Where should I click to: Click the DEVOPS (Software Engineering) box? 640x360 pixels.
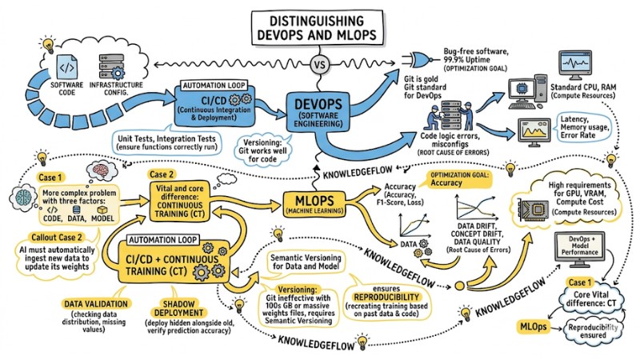pyautogui.click(x=321, y=110)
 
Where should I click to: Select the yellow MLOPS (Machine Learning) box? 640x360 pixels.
pyautogui.click(x=318, y=204)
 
